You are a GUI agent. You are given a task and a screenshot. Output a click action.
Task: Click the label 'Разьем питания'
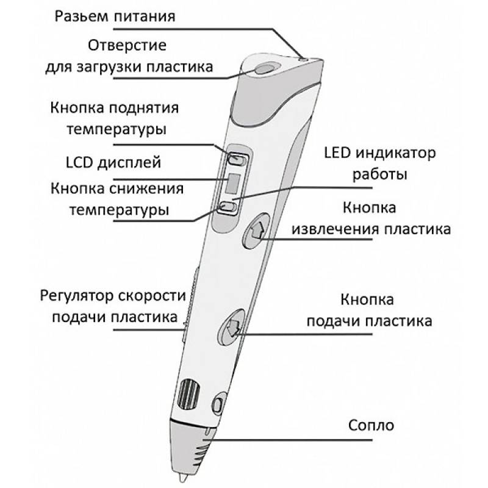115,16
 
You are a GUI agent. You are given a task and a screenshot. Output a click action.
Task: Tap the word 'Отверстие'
127,45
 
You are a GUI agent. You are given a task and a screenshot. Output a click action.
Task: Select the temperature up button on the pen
237,159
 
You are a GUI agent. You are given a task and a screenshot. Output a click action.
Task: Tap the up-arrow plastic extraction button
256,231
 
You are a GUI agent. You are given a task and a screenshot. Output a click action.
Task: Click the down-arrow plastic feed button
232,328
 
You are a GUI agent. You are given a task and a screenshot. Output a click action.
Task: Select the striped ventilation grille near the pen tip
188,393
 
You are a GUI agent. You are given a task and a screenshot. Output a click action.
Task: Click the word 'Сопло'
371,425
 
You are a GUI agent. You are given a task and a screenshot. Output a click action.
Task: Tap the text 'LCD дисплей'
113,162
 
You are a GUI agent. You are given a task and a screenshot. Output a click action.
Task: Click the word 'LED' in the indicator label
337,153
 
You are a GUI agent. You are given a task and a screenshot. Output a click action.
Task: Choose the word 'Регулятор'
77,296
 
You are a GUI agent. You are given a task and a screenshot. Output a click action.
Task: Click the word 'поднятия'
145,109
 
